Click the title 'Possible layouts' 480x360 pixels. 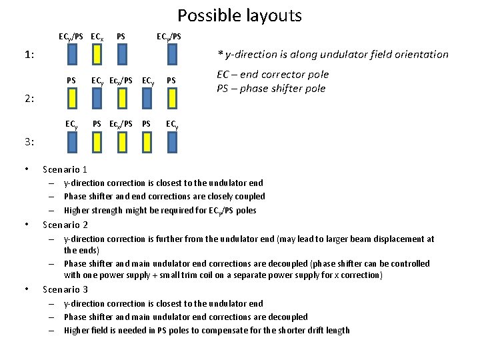pos(239,15)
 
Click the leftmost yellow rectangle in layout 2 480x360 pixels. pos(71,99)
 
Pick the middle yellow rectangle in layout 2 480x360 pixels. pos(121,99)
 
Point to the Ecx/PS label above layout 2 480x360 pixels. pos(120,81)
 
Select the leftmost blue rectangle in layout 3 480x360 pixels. pos(71,141)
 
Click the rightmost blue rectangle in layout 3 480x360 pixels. pos(172,141)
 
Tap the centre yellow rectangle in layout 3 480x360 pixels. pos(121,141)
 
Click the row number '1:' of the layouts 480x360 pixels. pos(30,55)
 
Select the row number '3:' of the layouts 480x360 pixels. pos(30,141)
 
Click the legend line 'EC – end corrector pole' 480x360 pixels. pos(273,75)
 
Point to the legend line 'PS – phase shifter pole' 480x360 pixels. pos(271,89)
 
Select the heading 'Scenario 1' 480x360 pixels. pos(65,169)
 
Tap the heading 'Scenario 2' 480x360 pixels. pos(65,225)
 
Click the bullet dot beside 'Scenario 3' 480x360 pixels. pos(25,289)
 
